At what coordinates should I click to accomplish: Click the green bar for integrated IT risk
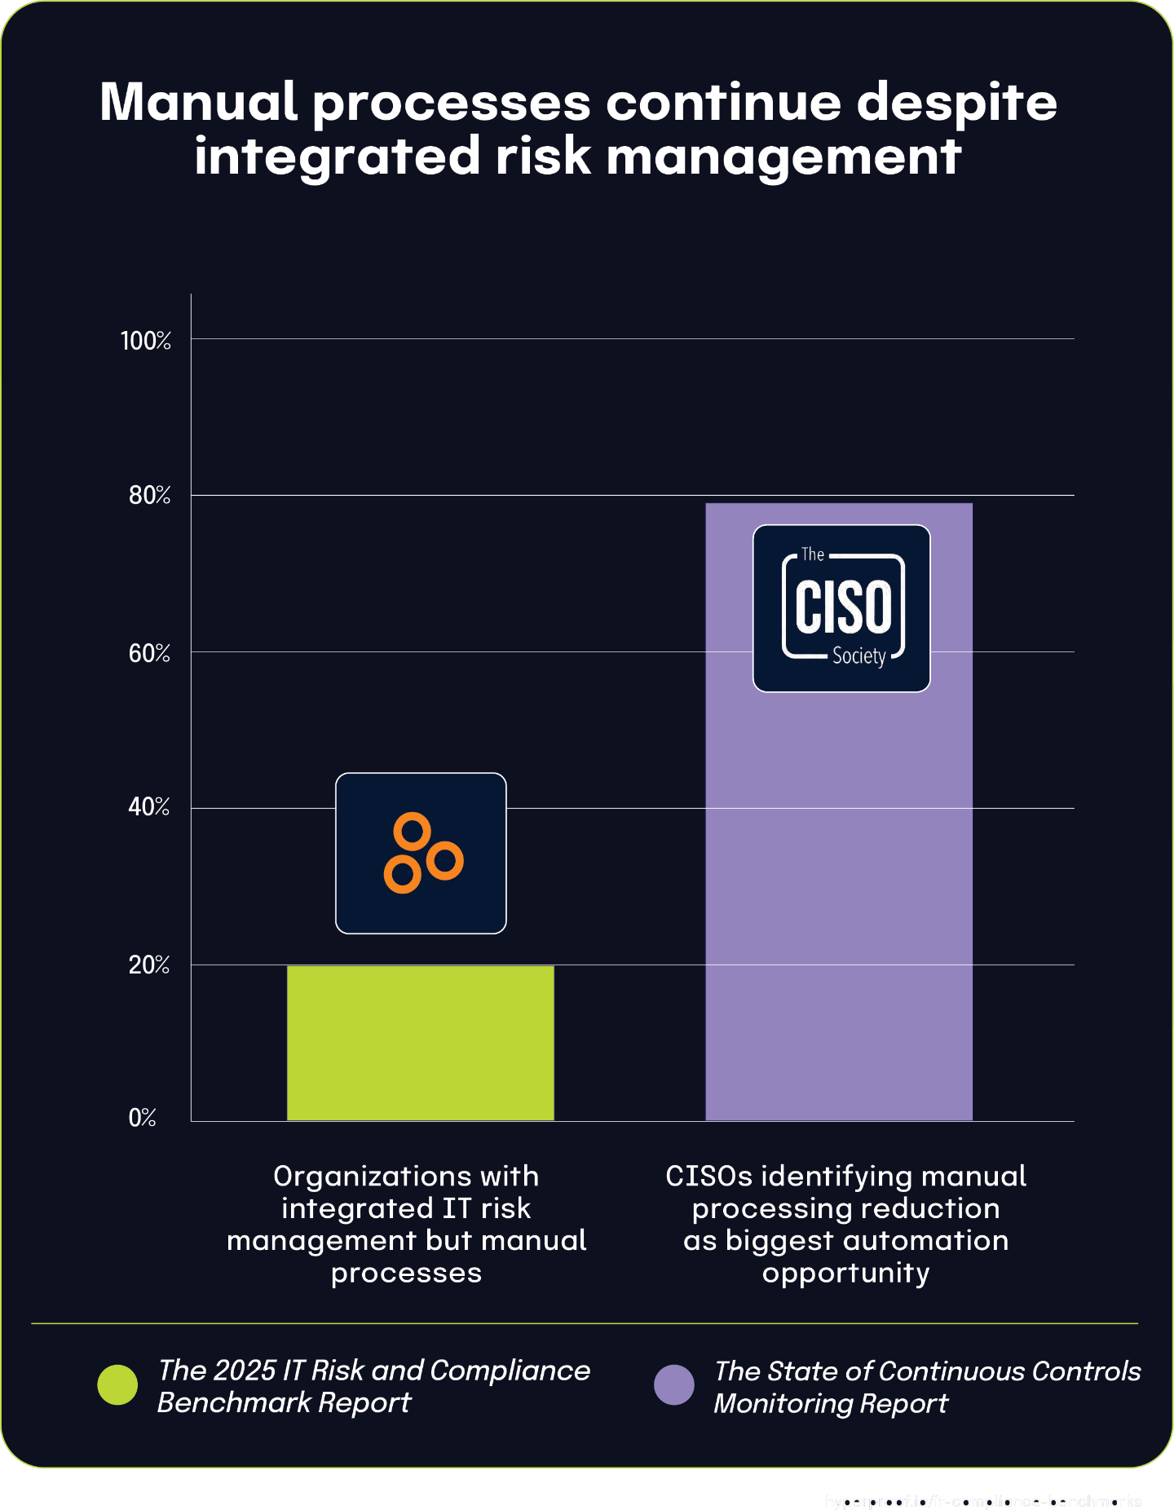(x=420, y=1043)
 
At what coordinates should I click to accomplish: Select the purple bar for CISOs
(x=838, y=897)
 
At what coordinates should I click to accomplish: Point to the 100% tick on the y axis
(x=146, y=340)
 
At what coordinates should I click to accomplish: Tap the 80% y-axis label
(x=149, y=495)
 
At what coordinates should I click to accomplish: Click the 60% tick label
(x=149, y=653)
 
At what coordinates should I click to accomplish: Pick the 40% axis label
(x=149, y=807)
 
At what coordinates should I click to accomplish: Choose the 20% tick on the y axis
(x=149, y=965)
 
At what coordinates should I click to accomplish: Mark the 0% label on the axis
(x=142, y=1117)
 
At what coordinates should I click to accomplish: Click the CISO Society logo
(x=841, y=608)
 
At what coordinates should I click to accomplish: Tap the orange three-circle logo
(x=421, y=853)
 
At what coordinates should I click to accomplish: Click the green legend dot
(x=117, y=1385)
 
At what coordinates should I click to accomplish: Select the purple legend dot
(x=674, y=1385)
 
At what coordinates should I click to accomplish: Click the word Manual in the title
(x=198, y=103)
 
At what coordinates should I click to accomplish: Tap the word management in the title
(x=783, y=157)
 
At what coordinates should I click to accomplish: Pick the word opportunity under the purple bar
(x=845, y=1273)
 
